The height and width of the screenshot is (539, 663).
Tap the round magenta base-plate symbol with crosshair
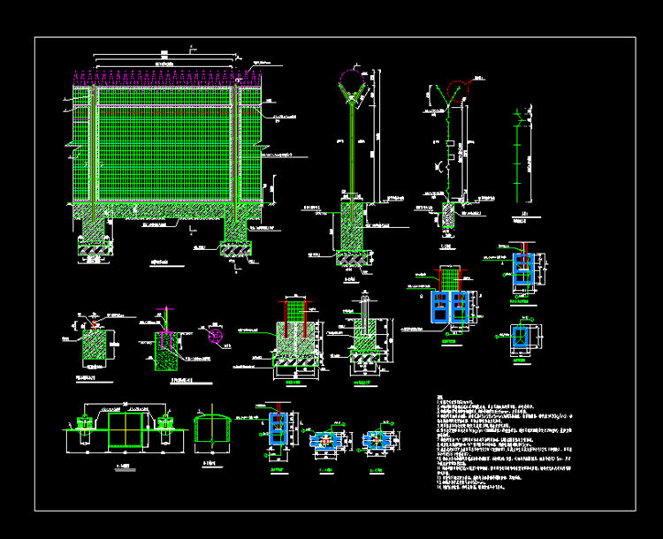pos(213,336)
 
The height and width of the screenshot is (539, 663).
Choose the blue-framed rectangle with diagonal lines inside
pos(525,337)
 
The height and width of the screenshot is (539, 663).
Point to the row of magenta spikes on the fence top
pos(164,79)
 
